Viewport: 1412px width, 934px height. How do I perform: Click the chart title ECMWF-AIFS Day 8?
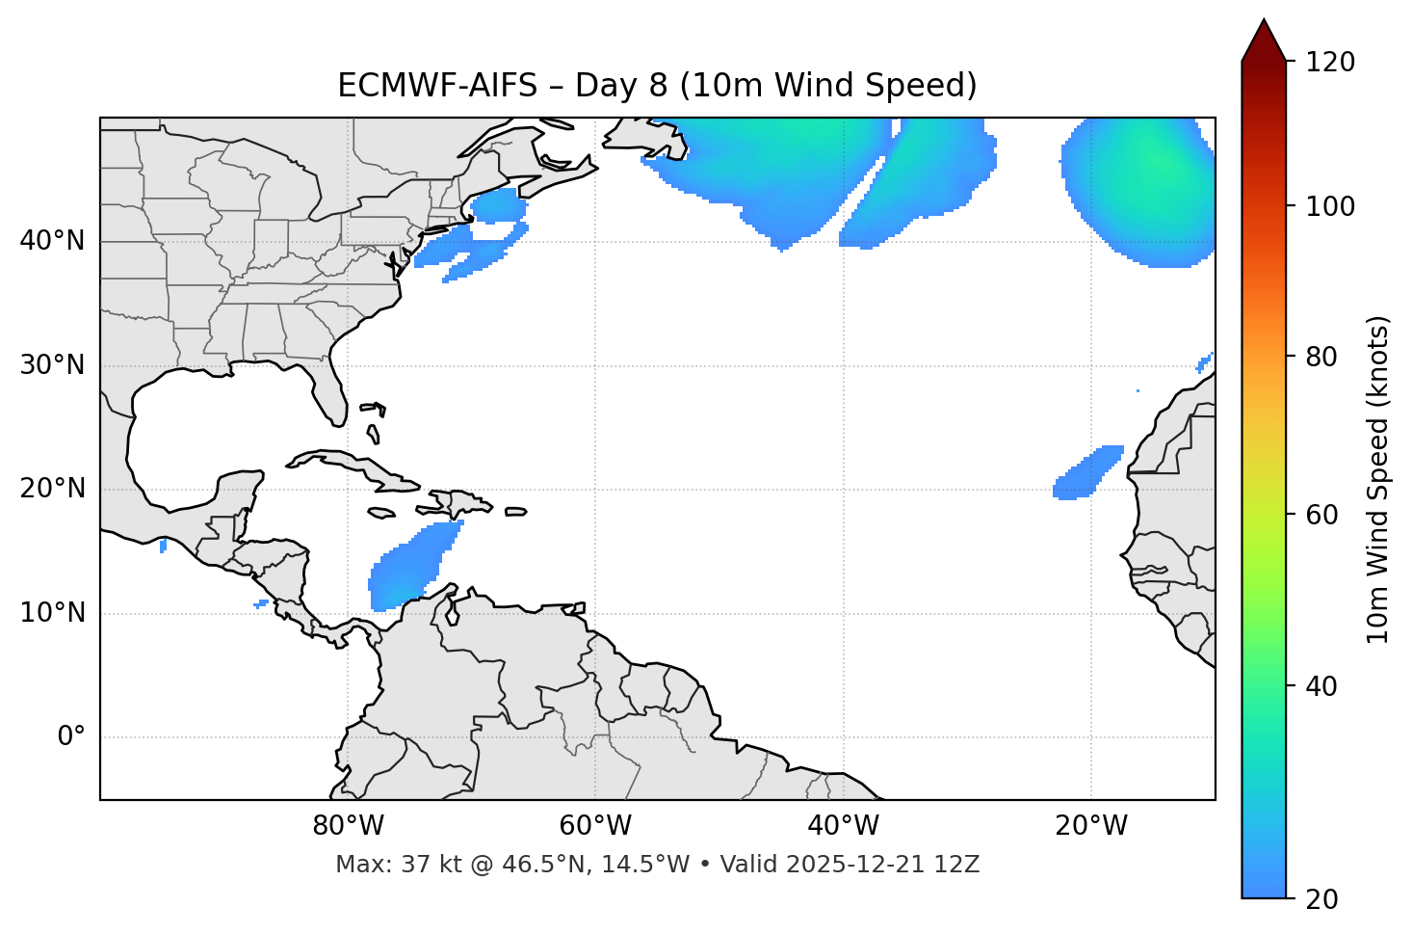(x=657, y=86)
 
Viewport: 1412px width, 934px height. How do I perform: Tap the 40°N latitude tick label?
(x=52, y=241)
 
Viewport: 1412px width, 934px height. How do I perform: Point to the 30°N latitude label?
(x=52, y=365)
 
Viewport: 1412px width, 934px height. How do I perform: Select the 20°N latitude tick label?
(x=52, y=489)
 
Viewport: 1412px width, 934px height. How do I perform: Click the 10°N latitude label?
(x=52, y=613)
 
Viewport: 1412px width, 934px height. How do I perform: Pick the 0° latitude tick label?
(x=70, y=737)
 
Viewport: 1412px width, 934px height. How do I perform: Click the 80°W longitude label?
(x=348, y=826)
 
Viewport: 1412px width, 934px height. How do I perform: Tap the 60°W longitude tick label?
(x=595, y=826)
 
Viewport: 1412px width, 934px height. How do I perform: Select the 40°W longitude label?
(x=843, y=826)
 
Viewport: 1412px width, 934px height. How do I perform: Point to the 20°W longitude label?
(x=1090, y=826)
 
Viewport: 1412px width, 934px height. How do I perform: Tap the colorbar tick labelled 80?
(x=1326, y=357)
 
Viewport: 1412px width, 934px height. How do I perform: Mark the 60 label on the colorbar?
(x=1326, y=515)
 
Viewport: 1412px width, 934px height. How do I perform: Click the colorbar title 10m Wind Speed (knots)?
(x=1379, y=479)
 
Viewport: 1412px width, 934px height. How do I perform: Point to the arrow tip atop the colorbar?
(x=1264, y=21)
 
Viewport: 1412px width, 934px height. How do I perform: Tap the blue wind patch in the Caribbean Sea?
(x=409, y=571)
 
